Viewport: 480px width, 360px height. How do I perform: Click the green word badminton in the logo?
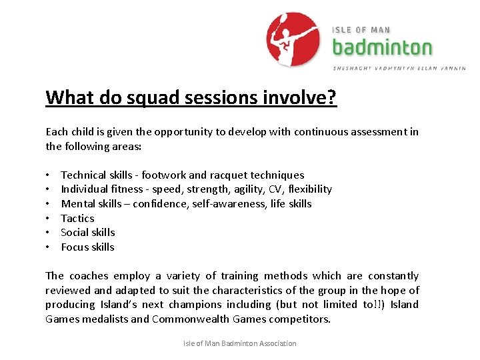[x=382, y=47]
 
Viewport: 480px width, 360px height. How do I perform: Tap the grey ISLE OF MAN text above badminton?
[x=361, y=30]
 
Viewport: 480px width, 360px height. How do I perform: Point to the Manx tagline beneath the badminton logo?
[x=399, y=68]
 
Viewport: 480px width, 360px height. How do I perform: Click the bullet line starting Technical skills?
[x=182, y=175]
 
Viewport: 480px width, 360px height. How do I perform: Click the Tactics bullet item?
[x=77, y=218]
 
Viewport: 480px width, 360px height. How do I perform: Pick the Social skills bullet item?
[x=87, y=232]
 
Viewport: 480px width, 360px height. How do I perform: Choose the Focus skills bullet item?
[x=87, y=247]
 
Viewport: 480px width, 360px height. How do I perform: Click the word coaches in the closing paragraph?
[x=88, y=275]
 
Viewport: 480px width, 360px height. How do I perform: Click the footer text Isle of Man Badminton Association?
[x=240, y=343]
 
